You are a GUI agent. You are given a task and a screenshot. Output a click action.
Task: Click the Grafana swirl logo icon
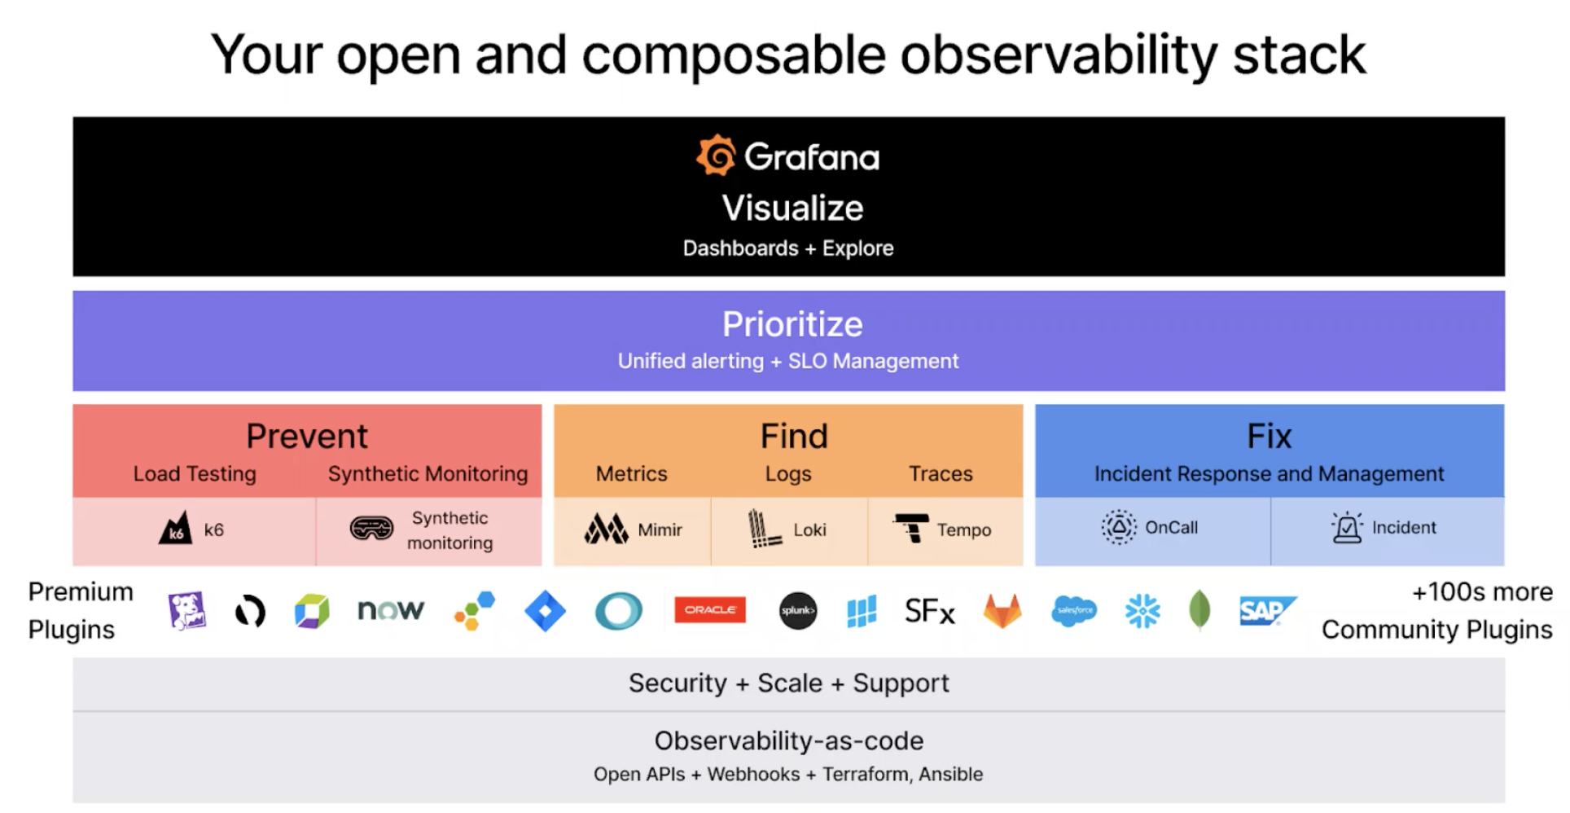click(716, 155)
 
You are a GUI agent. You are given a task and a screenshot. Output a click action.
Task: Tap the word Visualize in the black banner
click(792, 208)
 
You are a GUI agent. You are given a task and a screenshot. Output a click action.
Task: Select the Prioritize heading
click(792, 324)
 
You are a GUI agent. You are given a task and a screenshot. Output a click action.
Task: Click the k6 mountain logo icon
click(175, 528)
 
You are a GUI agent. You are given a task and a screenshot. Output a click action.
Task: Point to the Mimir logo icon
click(606, 529)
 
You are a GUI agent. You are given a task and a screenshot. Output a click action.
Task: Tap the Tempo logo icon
click(911, 528)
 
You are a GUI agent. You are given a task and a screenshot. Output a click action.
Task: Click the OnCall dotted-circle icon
click(1119, 527)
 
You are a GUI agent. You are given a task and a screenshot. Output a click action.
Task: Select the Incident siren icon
click(1347, 527)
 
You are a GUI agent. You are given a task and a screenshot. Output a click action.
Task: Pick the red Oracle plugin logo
click(710, 609)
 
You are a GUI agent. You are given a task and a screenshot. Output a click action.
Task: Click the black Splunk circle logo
click(798, 610)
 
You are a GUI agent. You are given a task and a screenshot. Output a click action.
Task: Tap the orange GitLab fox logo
click(1002, 611)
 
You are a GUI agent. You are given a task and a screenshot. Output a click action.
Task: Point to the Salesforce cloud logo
click(1074, 610)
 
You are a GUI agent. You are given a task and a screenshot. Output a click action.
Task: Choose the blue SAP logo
click(1267, 610)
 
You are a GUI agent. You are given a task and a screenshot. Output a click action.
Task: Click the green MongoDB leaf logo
click(1199, 610)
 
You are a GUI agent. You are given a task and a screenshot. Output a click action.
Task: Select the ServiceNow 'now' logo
click(391, 610)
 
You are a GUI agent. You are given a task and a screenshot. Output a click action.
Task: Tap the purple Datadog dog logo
click(187, 611)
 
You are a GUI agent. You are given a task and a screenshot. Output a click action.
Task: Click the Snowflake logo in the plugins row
click(1142, 610)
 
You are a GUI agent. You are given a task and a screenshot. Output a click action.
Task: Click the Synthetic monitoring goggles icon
click(371, 529)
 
